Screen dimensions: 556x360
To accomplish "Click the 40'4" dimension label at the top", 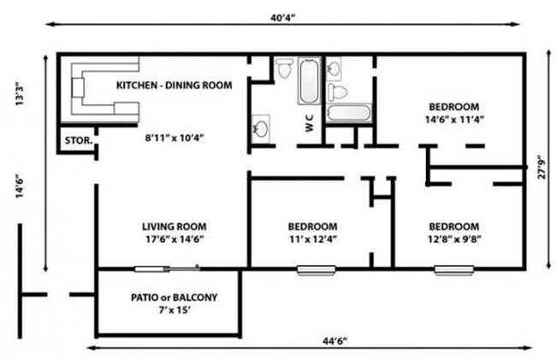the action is [x=282, y=18].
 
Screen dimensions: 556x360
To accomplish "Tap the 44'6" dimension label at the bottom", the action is [x=334, y=341].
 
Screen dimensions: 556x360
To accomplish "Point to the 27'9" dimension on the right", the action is [x=542, y=167].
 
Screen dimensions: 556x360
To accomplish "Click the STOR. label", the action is [x=79, y=140].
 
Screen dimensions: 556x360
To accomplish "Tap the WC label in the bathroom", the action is [x=309, y=122].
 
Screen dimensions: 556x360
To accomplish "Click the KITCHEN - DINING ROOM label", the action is [x=174, y=85].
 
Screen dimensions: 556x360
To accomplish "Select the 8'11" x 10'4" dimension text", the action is [x=174, y=138].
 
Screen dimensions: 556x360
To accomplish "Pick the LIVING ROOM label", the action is [x=174, y=226].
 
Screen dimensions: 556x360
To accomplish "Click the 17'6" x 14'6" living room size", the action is [x=174, y=239].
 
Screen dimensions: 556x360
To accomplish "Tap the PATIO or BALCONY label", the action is [x=174, y=297].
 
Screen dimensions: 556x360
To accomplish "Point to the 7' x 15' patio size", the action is [x=174, y=310].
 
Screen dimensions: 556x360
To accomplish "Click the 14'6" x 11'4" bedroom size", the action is [x=454, y=119].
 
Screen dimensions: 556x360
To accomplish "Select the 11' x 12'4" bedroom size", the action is [x=313, y=239].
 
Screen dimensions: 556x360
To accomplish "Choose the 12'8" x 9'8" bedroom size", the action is [x=454, y=239].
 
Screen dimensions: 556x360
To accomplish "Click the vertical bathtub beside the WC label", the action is [x=310, y=80].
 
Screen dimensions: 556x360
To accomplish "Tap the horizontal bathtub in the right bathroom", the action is [x=349, y=113].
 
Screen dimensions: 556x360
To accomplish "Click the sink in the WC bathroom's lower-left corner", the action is [x=261, y=128].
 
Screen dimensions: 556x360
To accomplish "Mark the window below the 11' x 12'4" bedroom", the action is [x=316, y=270].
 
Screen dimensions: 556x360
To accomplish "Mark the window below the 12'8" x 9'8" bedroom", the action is [x=454, y=270].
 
